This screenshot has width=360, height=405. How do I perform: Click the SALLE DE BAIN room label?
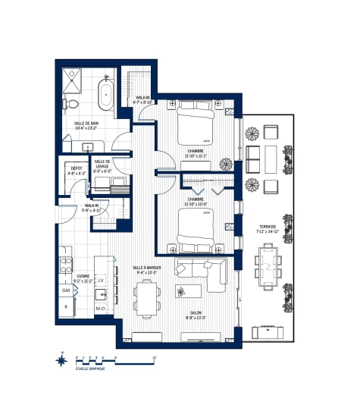point(89,125)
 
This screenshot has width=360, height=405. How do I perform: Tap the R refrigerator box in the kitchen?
point(67,306)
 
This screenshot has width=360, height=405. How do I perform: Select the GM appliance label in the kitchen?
point(67,291)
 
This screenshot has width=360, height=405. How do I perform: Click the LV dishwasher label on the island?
point(100,281)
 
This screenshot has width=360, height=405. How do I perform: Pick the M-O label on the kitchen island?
point(100,309)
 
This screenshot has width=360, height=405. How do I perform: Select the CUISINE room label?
point(84,277)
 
